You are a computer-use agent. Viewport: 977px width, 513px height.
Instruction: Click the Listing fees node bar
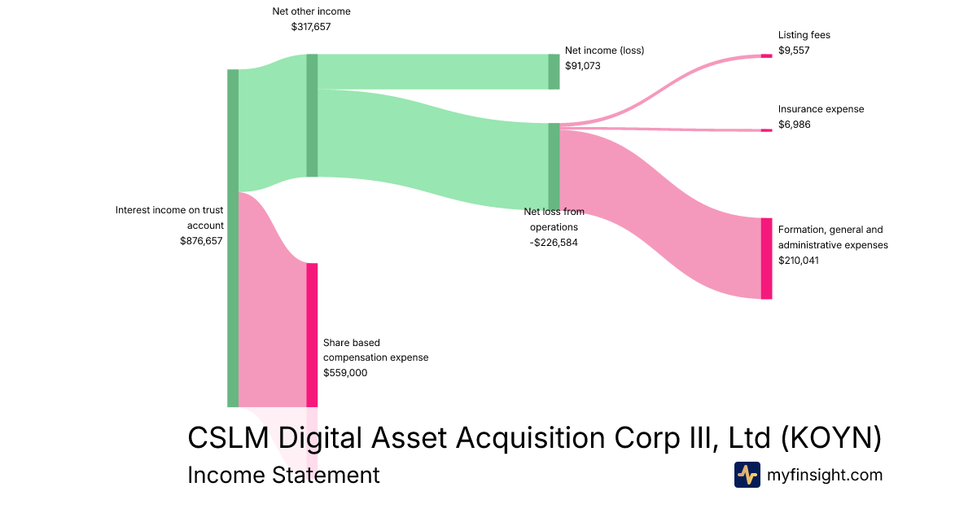point(766,56)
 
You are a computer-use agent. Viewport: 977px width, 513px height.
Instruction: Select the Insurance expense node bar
point(766,130)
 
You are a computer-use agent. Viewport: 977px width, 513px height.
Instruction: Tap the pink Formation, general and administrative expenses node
point(766,258)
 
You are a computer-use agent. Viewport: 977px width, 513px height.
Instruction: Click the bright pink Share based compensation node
point(312,335)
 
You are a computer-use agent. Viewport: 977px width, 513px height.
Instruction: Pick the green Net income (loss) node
point(554,72)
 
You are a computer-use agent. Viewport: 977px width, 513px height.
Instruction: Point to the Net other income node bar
point(312,115)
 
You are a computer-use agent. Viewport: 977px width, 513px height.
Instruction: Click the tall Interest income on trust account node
point(233,238)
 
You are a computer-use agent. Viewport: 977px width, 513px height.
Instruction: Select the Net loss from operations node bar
point(554,167)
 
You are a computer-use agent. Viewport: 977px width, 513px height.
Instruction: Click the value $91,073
point(583,66)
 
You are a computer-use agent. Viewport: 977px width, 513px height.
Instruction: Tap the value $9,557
point(794,50)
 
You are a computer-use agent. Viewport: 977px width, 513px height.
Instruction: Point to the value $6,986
point(794,125)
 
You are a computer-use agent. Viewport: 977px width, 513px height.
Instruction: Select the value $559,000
point(345,373)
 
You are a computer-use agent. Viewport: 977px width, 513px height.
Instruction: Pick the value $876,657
point(201,241)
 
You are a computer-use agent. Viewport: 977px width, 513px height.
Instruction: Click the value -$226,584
point(554,243)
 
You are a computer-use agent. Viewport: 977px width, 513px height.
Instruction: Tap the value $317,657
point(311,27)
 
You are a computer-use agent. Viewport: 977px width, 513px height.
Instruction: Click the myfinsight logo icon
point(747,475)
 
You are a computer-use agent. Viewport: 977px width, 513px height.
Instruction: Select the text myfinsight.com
point(825,475)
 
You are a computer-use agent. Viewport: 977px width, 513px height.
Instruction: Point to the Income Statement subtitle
point(283,475)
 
